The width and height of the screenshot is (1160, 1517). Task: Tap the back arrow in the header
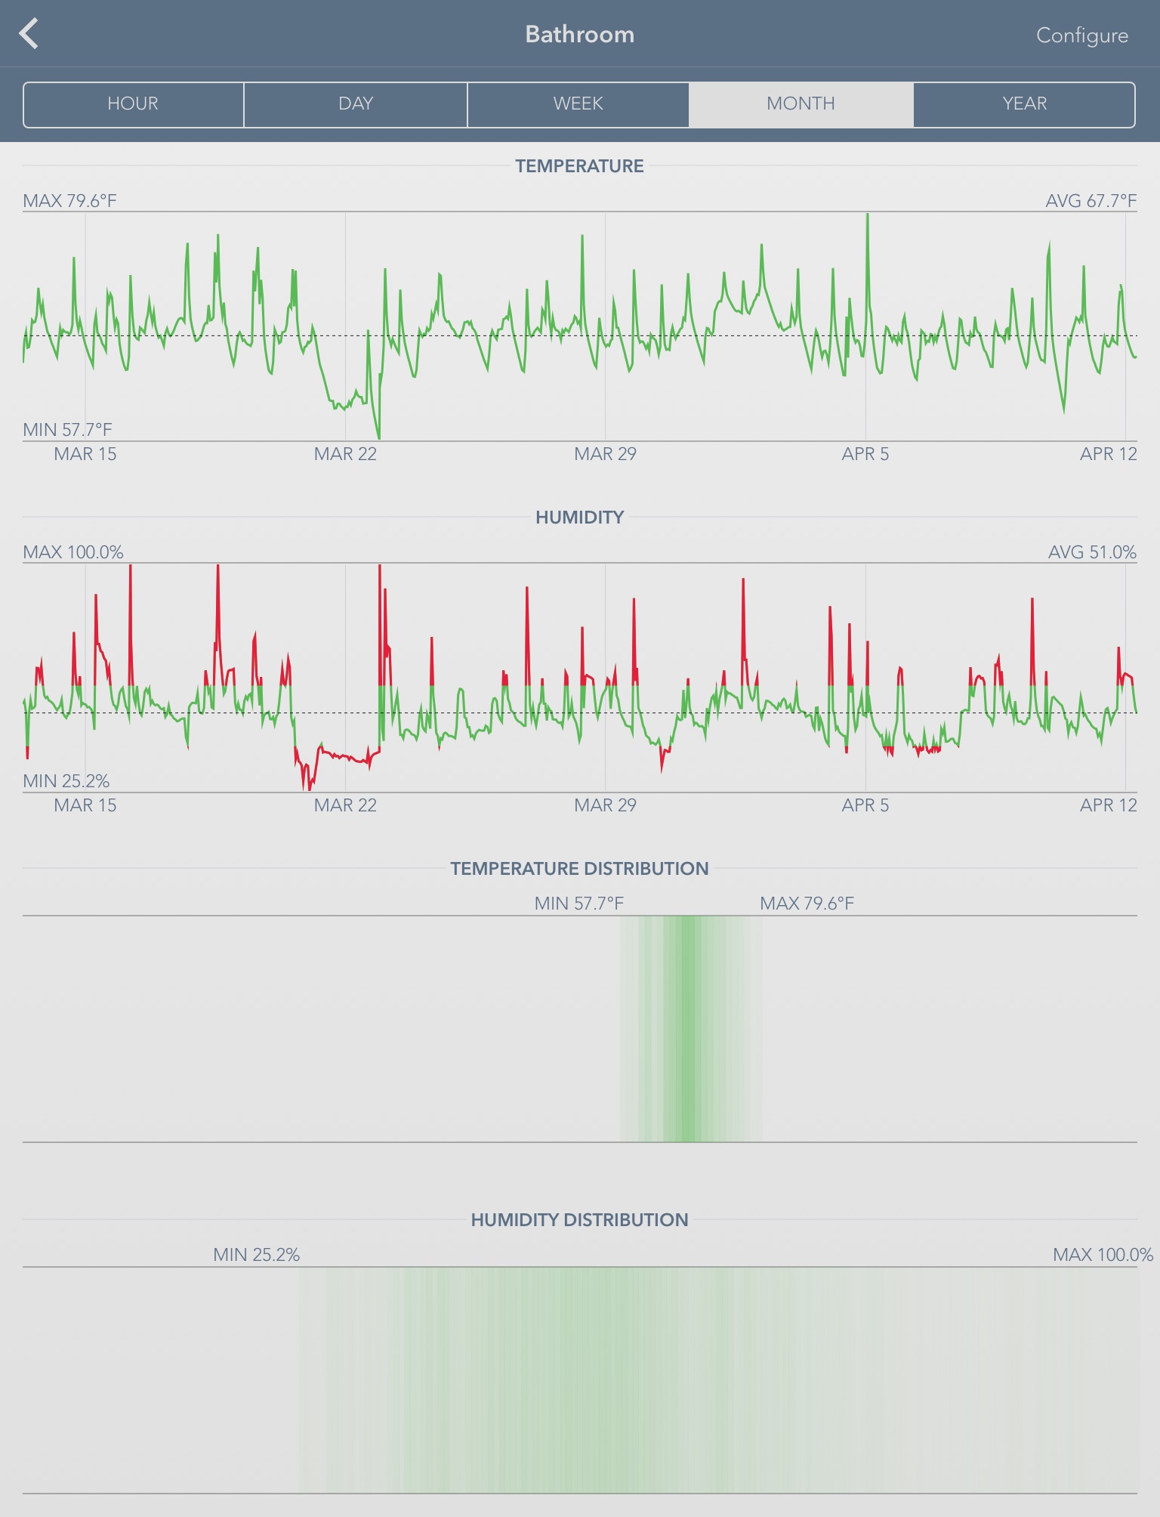[x=29, y=34]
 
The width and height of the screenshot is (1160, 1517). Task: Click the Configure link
[x=1081, y=36]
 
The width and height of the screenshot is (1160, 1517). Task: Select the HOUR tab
[x=133, y=104]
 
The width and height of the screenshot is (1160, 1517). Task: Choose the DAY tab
[x=356, y=104]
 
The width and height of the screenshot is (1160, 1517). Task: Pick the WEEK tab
[x=578, y=104]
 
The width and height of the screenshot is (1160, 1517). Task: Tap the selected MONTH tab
[x=801, y=104]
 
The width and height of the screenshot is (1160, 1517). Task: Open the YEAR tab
[x=1024, y=104]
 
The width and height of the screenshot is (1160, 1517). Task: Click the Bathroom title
[x=579, y=35]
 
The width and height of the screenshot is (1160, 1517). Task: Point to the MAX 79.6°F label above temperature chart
[x=69, y=201]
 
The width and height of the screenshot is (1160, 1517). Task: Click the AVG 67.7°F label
[x=1091, y=201]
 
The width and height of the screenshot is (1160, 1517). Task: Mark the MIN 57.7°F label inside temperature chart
[x=67, y=430]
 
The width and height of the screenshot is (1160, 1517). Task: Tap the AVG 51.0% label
[x=1091, y=552]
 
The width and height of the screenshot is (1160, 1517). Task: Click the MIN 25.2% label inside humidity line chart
[x=66, y=781]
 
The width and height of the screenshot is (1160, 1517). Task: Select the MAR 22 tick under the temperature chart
[x=345, y=454]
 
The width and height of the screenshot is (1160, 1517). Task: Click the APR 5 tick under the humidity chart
[x=865, y=805]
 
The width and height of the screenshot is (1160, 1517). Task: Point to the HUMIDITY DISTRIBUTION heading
[x=579, y=1220]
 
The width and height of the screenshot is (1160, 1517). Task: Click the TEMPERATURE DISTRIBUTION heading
[x=579, y=869]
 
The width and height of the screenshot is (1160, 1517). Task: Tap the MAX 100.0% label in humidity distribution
[x=1103, y=1255]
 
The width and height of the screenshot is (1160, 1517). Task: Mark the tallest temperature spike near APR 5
[x=867, y=217]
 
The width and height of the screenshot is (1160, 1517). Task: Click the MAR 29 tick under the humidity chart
[x=605, y=805]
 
